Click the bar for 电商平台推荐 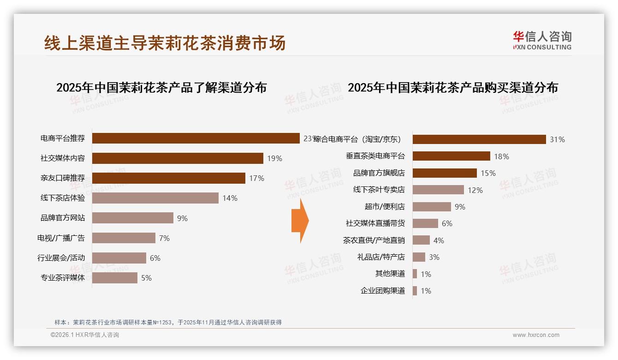pos(196,138)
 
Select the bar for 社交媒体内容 pos(178,158)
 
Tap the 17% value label pos(257,178)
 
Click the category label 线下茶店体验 pos(63,198)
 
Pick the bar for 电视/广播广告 pos(124,238)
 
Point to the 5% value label pos(146,278)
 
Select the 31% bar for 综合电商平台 pos(479,139)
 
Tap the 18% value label pos(501,156)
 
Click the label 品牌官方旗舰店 pos(379,173)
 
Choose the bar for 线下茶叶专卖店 pos(438,190)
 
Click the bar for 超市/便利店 pos(432,207)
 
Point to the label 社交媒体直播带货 pos(375,223)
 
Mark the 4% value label pos(439,240)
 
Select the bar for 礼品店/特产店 pos(419,257)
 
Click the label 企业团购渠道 pos(382,291)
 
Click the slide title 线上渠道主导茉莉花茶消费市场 pos(165,43)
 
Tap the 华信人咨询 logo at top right pos(542,40)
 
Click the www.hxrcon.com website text pos(536,335)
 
